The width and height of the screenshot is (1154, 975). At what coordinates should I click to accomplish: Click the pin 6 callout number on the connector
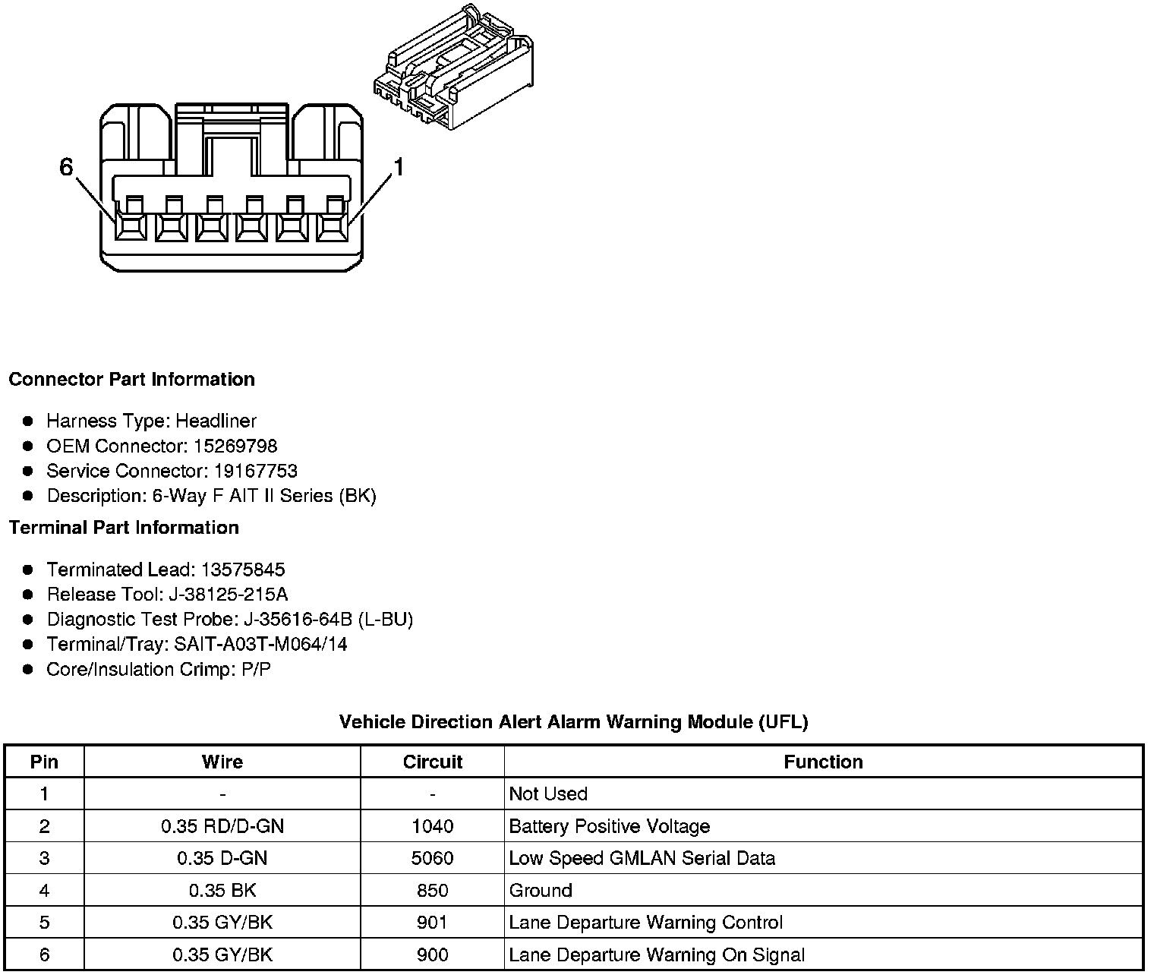[67, 166]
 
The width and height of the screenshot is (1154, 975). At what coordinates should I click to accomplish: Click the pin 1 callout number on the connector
[398, 166]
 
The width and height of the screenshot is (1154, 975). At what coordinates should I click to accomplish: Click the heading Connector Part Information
[131, 379]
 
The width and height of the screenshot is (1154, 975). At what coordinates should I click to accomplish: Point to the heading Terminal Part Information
[124, 527]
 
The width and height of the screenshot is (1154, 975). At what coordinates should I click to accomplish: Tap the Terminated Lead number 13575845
[243, 570]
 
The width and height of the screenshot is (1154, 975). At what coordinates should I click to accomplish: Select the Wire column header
[222, 762]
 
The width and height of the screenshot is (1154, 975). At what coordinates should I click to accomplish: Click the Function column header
[823, 762]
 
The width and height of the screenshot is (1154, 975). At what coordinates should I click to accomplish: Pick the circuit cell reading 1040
[432, 826]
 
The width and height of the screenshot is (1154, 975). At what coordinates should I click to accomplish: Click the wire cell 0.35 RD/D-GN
[222, 826]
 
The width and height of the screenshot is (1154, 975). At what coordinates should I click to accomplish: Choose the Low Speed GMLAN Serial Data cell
[642, 858]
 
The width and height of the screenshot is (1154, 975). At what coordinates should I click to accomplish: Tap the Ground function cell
[541, 890]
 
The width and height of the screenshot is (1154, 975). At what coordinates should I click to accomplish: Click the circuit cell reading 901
[432, 923]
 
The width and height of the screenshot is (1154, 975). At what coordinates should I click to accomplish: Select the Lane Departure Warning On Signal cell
[657, 954]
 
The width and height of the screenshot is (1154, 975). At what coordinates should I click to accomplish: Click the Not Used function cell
[548, 794]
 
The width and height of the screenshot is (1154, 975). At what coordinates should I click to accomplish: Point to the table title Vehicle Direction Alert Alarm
[573, 721]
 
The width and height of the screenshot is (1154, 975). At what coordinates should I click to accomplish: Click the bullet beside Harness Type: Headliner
[28, 421]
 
